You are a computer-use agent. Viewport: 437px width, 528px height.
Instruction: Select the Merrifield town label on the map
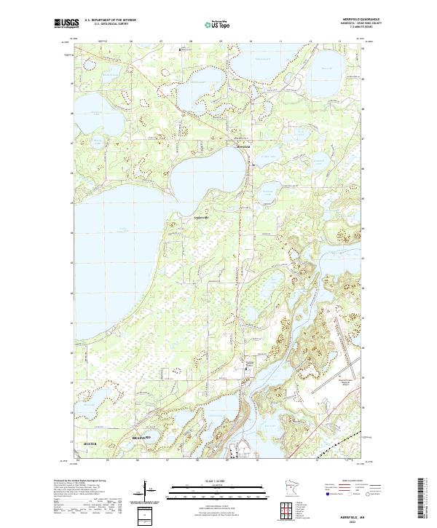(243, 146)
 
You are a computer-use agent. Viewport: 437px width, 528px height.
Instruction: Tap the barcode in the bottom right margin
(422, 498)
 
